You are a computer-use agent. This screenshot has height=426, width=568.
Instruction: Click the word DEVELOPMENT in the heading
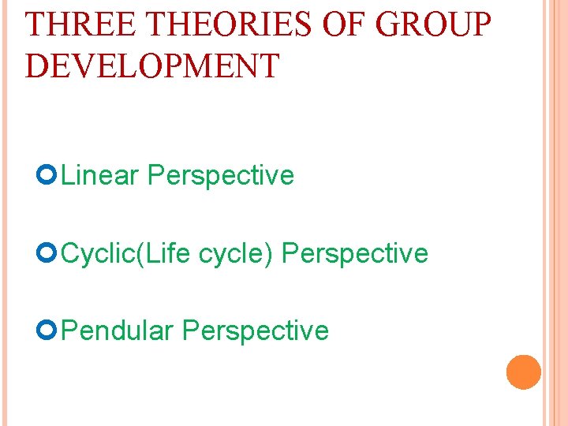coord(152,65)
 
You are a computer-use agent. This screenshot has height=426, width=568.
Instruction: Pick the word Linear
coord(99,175)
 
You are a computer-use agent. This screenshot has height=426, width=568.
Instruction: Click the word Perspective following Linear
coord(220,176)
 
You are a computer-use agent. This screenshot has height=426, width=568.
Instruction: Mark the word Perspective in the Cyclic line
coord(355,254)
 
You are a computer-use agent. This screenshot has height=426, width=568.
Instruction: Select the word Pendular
coord(117,331)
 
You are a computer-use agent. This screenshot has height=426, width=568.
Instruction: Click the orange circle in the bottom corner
coord(524,372)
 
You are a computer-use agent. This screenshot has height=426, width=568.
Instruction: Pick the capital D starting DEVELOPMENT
coord(35,65)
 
